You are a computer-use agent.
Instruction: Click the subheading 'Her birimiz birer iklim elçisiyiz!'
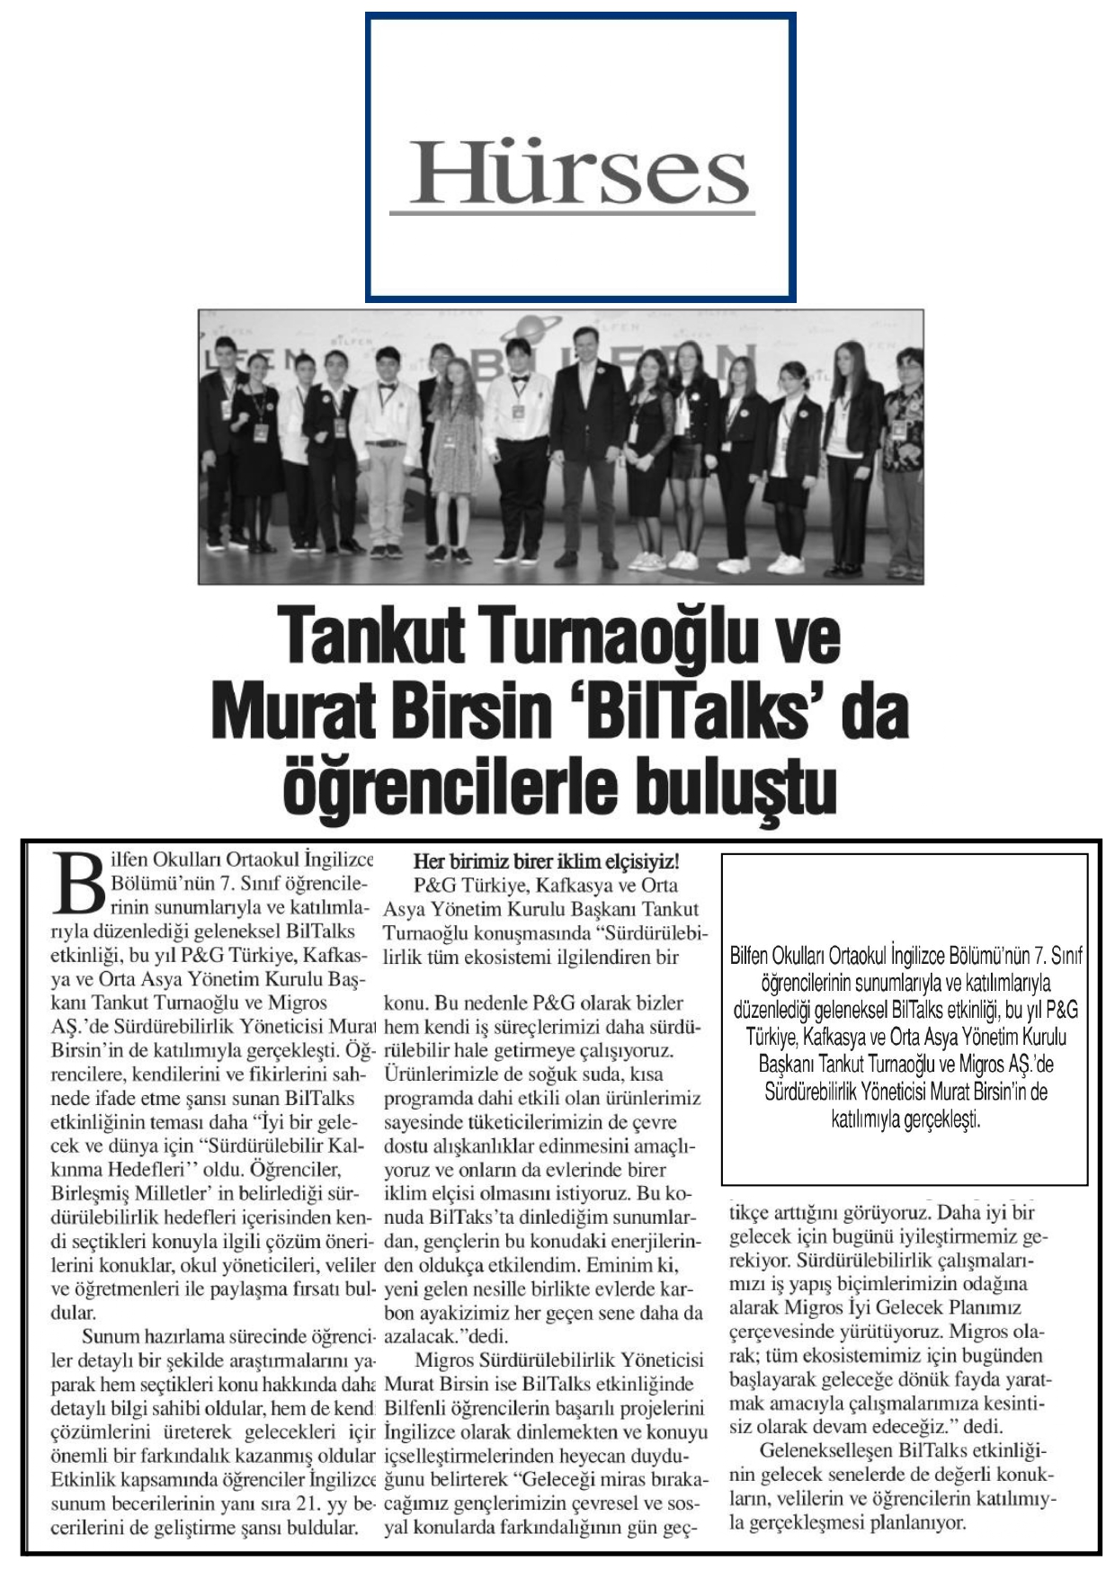click(546, 861)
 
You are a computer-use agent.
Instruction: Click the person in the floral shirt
click(904, 441)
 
